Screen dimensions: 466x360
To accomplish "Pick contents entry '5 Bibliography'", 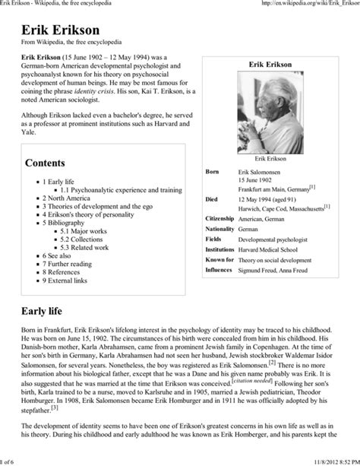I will [64, 223].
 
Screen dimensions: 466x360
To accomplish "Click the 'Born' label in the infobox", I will [213, 173].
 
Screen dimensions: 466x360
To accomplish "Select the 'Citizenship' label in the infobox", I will [220, 218].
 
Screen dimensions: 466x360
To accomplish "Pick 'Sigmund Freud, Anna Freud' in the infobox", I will [278, 269].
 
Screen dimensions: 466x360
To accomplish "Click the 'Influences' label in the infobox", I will [219, 269].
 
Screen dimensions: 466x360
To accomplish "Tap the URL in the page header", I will [308, 5].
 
